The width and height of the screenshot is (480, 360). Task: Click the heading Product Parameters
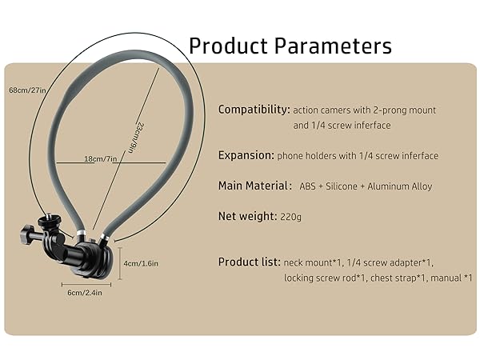click(290, 45)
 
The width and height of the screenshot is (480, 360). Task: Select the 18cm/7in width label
click(102, 159)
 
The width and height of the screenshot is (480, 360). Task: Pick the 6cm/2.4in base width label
click(86, 292)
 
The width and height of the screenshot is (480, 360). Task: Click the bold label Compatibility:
click(254, 109)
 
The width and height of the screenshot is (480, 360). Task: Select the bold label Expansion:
click(246, 155)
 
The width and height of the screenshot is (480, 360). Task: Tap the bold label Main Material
click(254, 186)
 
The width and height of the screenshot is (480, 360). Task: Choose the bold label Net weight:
click(247, 216)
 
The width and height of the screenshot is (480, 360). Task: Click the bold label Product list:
click(249, 262)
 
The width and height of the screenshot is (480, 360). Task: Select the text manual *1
click(451, 278)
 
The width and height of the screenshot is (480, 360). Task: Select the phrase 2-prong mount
click(402, 110)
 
